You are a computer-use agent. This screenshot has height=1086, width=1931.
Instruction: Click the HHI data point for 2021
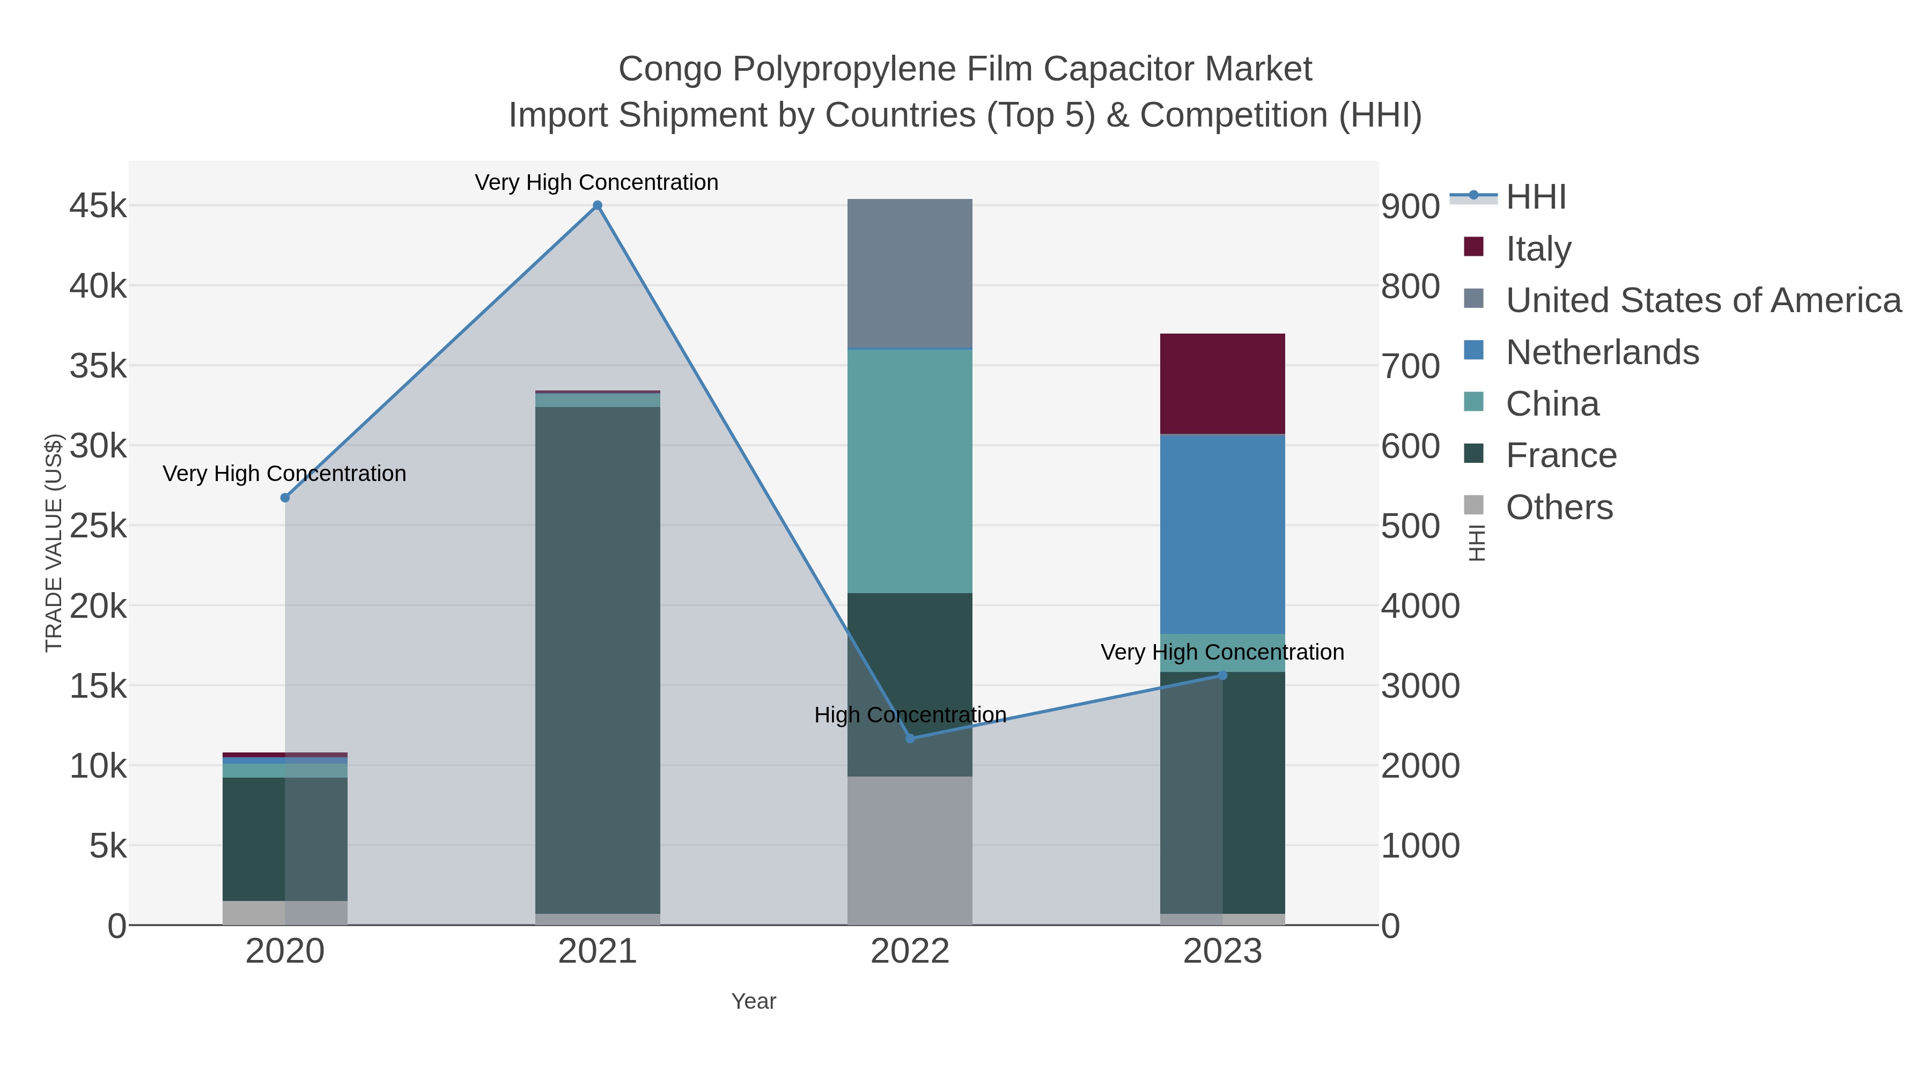coord(598,205)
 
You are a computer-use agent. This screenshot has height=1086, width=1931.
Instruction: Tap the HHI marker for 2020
coord(285,498)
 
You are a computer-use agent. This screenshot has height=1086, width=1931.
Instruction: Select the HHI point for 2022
coord(910,738)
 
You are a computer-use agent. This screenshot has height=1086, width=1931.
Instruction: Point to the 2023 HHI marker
coord(1222,675)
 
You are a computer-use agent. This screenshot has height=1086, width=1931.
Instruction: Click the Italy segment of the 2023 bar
coord(1222,384)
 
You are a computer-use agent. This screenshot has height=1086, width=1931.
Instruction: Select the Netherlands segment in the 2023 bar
coord(1222,534)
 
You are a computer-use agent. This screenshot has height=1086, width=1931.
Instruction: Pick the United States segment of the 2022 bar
coord(910,274)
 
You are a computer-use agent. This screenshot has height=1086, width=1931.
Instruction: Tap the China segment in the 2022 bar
coord(910,471)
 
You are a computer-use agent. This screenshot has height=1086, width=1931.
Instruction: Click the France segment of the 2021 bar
coord(598,660)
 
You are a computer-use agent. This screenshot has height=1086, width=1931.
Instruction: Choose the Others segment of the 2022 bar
coord(910,851)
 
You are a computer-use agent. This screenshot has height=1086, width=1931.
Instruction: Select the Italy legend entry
coord(1538,249)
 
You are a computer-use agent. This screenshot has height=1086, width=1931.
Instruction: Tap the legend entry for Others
coord(1559,507)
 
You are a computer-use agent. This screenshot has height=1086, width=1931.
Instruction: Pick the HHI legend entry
coord(1536,197)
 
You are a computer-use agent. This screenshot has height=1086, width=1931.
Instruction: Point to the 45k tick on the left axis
coord(98,205)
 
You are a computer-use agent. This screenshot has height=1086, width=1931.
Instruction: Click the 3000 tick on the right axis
coord(1420,686)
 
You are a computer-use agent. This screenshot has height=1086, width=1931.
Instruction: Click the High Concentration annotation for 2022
coord(910,715)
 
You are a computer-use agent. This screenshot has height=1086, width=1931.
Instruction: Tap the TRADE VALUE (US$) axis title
coord(54,543)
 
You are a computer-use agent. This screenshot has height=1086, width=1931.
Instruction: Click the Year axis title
coord(754,1001)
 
